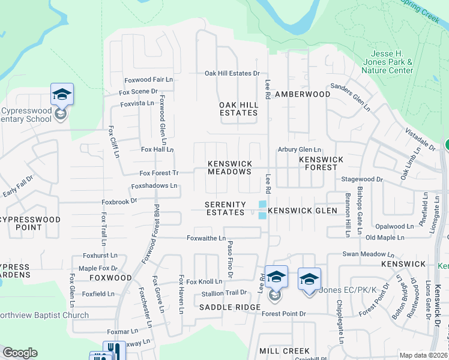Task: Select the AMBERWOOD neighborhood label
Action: click(x=303, y=94)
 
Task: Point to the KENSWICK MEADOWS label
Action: click(x=229, y=167)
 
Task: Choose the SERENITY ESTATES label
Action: click(x=225, y=208)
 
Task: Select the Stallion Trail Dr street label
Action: click(x=224, y=293)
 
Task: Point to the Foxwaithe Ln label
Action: click(x=206, y=238)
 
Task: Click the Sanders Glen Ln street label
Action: click(x=350, y=96)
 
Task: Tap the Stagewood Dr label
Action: click(x=361, y=179)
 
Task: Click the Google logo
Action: click(x=20, y=353)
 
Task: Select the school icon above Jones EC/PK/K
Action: click(x=309, y=279)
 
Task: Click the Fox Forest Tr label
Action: click(x=159, y=173)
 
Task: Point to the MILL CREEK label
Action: click(x=285, y=350)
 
